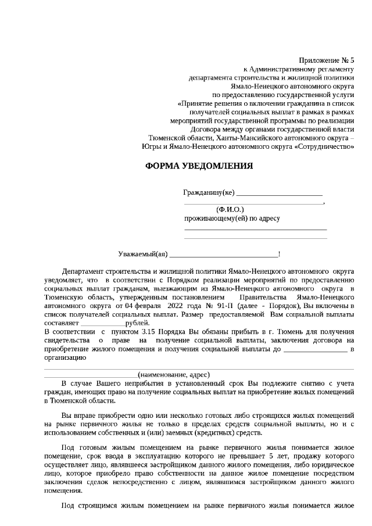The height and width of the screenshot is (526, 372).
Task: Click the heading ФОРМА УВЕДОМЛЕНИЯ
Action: point(199,166)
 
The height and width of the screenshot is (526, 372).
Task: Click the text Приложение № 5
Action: point(326,60)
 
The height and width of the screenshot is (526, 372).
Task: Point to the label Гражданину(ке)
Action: point(209,192)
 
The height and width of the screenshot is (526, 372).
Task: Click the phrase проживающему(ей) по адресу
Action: point(232,219)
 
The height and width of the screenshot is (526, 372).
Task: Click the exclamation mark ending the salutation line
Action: point(280,254)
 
